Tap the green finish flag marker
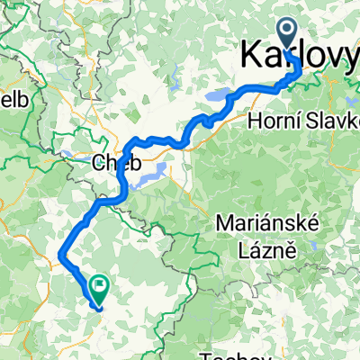coord(97,290)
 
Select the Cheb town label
coord(113,164)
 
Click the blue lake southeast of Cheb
coord(151,174)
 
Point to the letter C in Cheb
coord(98,164)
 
